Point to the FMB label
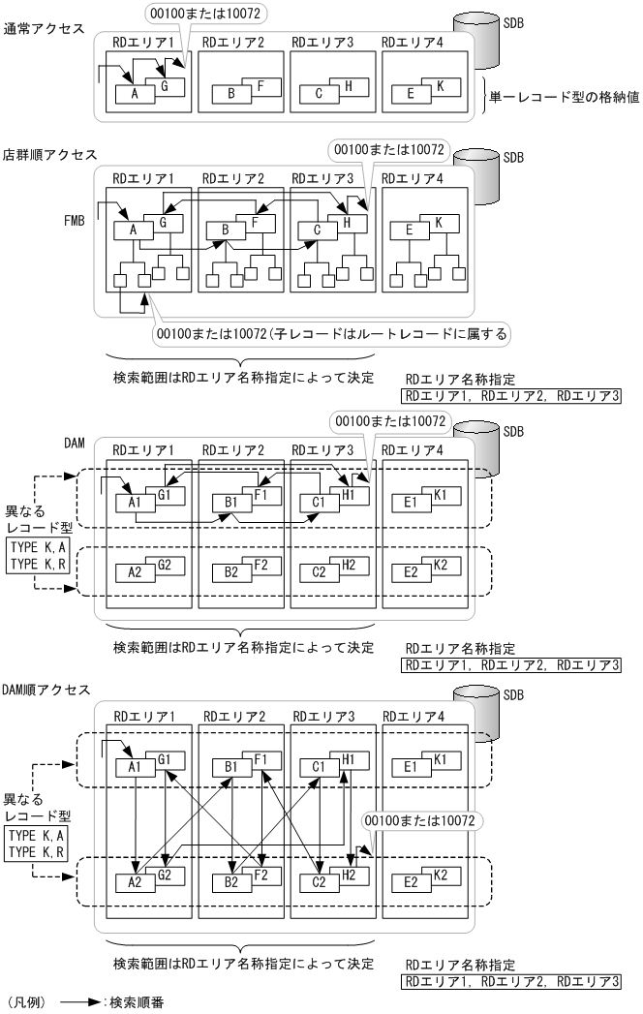click(x=75, y=219)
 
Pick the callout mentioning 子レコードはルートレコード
click(x=334, y=334)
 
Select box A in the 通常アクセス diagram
click(x=134, y=94)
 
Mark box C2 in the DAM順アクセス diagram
click(x=316, y=882)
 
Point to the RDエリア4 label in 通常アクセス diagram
click(x=413, y=43)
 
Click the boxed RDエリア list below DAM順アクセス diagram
click(x=512, y=980)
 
